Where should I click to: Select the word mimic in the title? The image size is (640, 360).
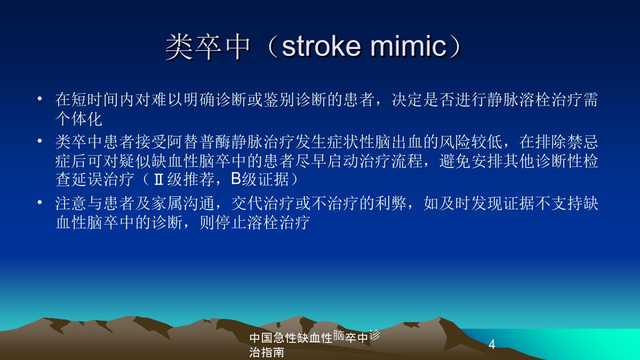click(x=409, y=46)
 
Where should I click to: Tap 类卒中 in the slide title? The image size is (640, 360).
click(x=208, y=47)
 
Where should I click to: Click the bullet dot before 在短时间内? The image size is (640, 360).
click(x=39, y=99)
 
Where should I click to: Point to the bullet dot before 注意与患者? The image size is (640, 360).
click(x=39, y=202)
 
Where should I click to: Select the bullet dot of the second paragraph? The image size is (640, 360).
click(x=39, y=141)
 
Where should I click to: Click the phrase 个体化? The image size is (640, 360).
click(x=79, y=119)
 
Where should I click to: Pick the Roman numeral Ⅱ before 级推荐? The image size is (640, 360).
click(x=158, y=179)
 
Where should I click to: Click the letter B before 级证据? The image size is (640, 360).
click(x=236, y=179)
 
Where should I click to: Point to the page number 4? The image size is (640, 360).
click(x=492, y=345)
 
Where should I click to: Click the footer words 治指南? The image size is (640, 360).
click(x=267, y=353)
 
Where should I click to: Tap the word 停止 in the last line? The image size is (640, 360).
click(x=231, y=222)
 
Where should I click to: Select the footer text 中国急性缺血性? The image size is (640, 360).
click(x=291, y=338)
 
